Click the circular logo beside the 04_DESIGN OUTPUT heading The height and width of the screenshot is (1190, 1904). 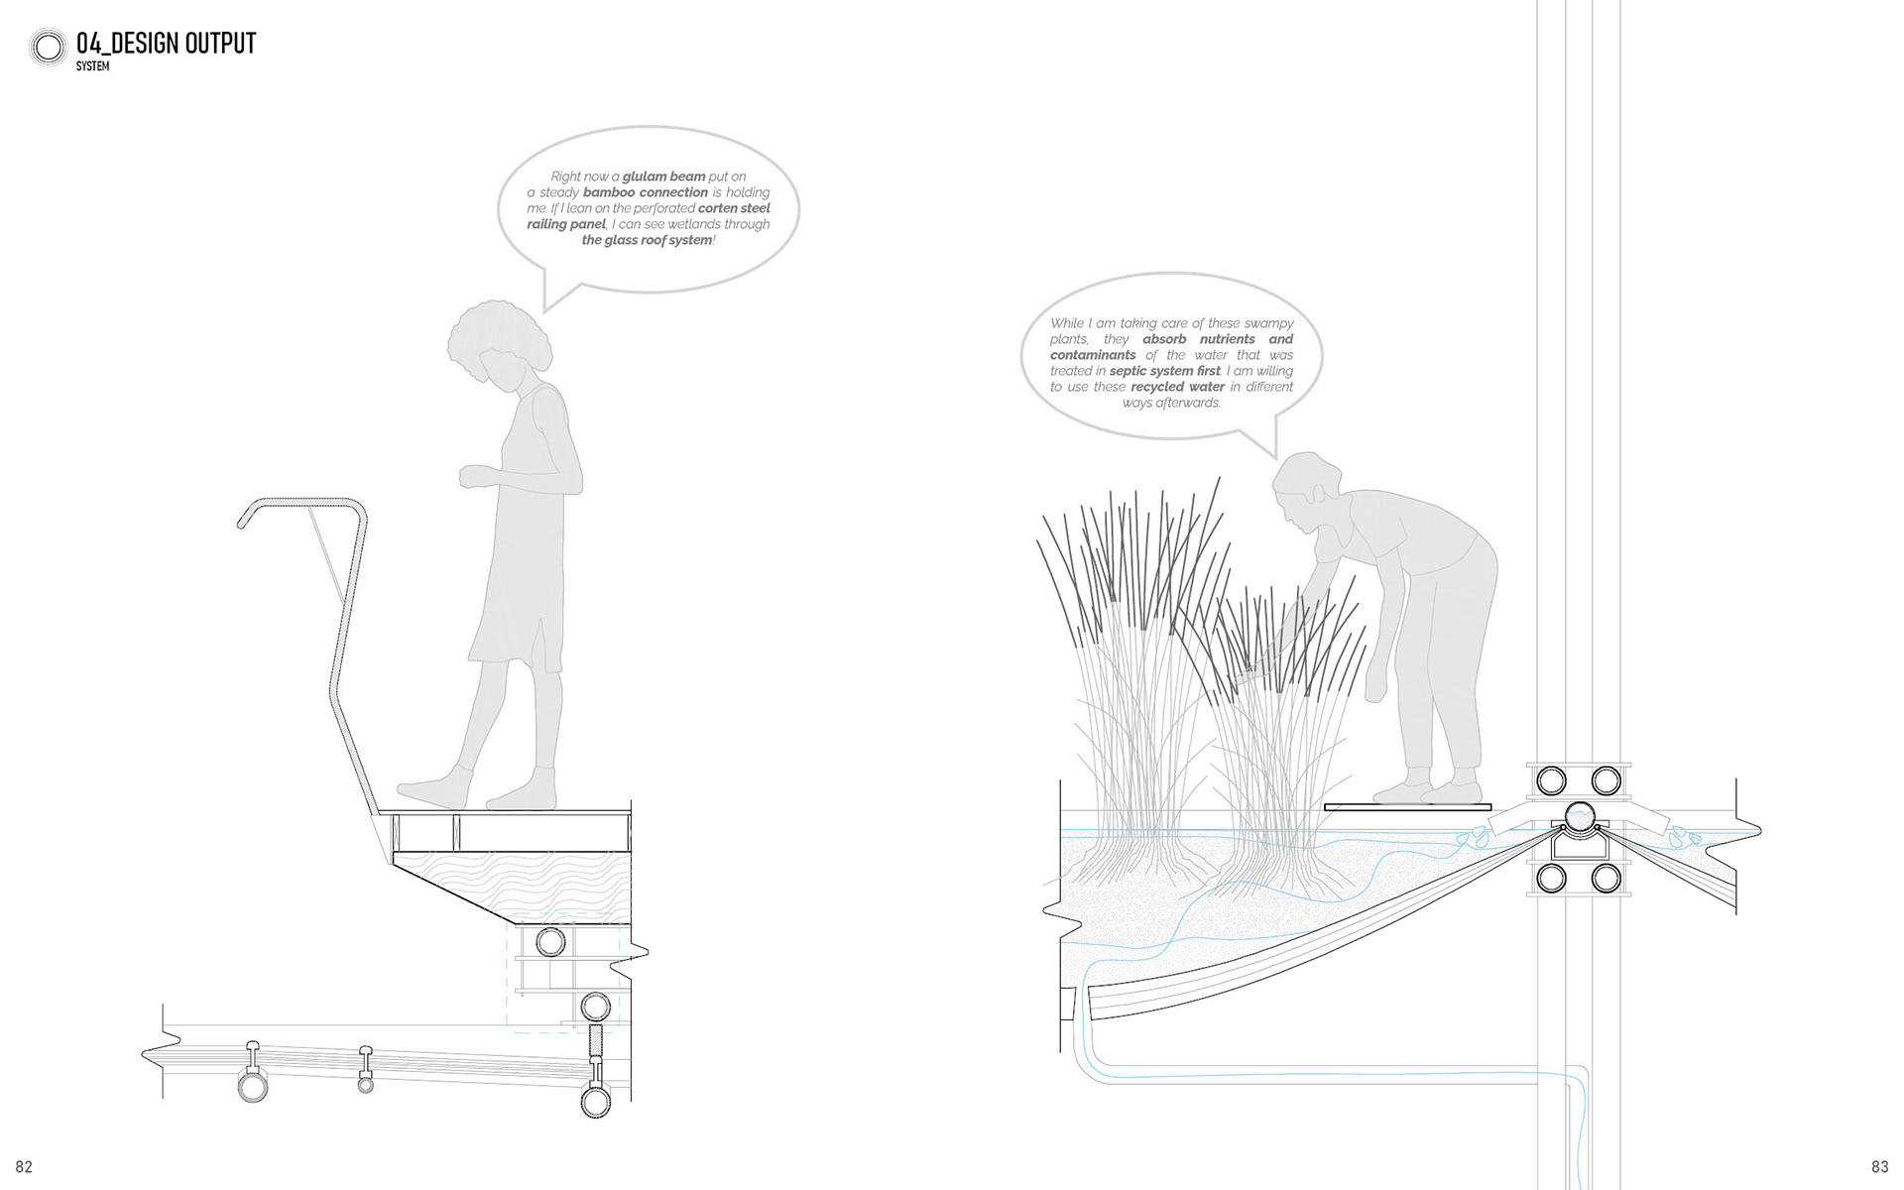point(48,47)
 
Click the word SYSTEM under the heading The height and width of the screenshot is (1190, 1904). point(92,66)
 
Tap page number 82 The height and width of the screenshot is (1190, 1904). point(24,1167)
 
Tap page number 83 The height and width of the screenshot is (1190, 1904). point(1879,1167)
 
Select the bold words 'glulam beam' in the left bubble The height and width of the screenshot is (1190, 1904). point(663,177)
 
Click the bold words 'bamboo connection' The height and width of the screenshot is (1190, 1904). point(646,192)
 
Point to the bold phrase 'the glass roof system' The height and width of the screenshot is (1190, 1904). point(647,240)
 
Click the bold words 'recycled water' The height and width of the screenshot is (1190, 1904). point(1177,387)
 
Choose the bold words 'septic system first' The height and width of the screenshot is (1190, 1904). point(1164,371)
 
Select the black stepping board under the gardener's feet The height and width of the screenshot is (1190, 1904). point(1407,807)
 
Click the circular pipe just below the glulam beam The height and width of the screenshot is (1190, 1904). point(550,941)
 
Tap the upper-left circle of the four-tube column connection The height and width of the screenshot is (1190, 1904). point(1551,781)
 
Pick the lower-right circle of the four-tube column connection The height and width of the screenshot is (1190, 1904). point(1606,879)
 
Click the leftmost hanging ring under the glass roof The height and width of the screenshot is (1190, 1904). point(253,1086)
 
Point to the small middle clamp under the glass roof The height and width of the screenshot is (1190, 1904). point(366,1071)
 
